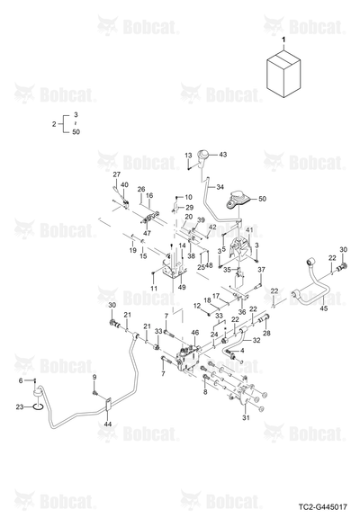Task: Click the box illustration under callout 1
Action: click(x=283, y=74)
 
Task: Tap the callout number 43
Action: click(x=222, y=155)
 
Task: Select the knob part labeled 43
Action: click(x=203, y=158)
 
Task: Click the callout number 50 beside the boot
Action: click(x=262, y=199)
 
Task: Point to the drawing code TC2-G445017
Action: click(x=323, y=506)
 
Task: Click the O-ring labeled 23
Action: click(x=37, y=407)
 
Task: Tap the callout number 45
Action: click(x=323, y=308)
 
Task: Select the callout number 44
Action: click(x=108, y=424)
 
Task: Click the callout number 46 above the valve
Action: click(x=194, y=333)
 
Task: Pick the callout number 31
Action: click(x=246, y=418)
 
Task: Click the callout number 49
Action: click(x=182, y=288)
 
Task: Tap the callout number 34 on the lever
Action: click(x=220, y=187)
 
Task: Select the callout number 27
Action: click(x=116, y=174)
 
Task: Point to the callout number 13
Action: click(x=188, y=156)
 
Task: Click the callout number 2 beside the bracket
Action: click(x=54, y=124)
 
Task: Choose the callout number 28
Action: click(x=266, y=333)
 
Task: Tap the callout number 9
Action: click(x=94, y=377)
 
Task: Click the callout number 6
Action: click(x=21, y=380)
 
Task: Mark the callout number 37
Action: click(x=261, y=270)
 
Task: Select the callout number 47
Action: click(x=147, y=233)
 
